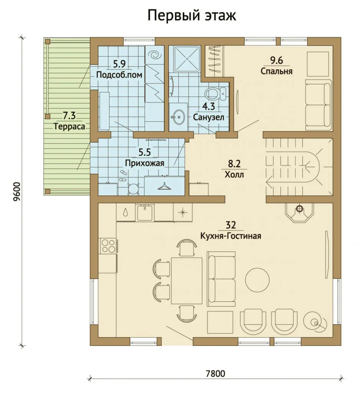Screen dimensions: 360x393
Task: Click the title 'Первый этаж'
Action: tap(192, 15)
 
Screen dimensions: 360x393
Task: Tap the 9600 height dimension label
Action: tap(17, 192)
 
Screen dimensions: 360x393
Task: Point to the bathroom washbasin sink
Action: tap(178, 117)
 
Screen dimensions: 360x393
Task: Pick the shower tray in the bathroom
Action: tap(187, 59)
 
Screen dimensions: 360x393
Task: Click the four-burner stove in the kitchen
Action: tap(108, 246)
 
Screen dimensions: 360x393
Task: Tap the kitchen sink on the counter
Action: tap(145, 212)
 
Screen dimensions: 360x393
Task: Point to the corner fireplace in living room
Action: tap(299, 212)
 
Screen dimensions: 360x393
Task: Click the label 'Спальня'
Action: tap(276, 71)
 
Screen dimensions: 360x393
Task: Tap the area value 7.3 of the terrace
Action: tap(69, 116)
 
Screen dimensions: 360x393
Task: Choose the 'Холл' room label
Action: tap(234, 175)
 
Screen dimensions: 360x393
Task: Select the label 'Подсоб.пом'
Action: tap(119, 75)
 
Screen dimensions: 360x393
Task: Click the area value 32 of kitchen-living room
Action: tap(231, 225)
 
